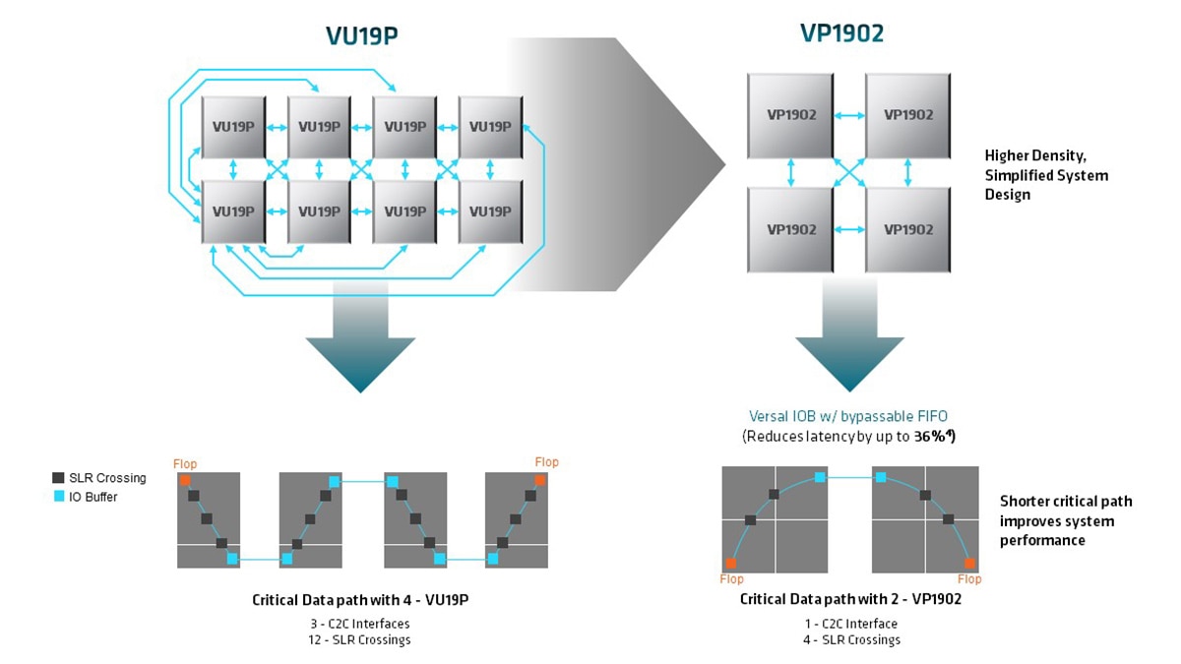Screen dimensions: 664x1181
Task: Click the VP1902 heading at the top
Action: pos(841,33)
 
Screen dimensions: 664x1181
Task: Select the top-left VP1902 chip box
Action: pos(791,114)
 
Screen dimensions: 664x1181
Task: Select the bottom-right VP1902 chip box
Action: pos(907,228)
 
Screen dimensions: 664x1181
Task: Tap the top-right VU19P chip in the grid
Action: pos(490,126)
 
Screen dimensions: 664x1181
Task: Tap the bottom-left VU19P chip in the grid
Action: pos(233,211)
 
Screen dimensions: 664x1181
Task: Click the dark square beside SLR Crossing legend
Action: pos(58,478)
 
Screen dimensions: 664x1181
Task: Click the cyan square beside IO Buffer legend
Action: pos(58,497)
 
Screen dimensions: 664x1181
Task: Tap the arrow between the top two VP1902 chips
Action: pos(849,115)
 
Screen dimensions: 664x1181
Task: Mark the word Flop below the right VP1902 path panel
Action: pos(969,579)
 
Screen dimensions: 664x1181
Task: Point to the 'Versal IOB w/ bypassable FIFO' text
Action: pos(848,417)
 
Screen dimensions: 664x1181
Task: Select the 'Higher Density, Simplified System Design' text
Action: pos(1046,174)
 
